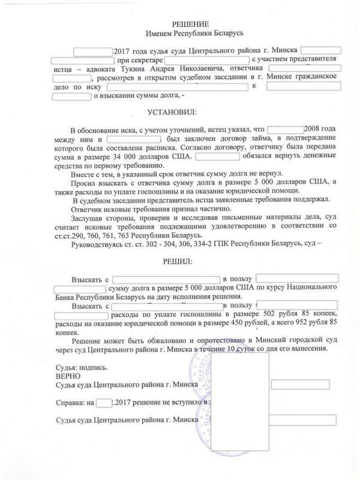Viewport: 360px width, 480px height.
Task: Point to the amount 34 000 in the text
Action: pos(133,157)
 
